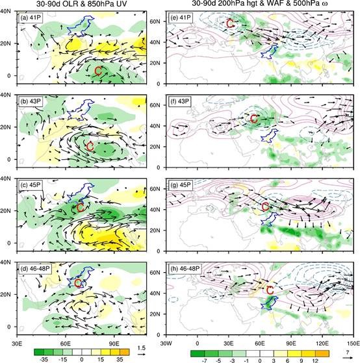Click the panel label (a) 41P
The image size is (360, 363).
tap(30, 18)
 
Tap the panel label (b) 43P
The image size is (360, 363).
tap(30, 101)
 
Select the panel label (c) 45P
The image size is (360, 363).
tap(30, 184)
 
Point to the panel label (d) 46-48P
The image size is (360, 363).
tap(35, 268)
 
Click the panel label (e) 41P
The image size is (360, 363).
tap(180, 18)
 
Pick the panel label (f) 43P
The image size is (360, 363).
tap(180, 101)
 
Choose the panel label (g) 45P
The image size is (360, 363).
tap(180, 184)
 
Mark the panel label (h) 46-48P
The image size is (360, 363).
tap(185, 268)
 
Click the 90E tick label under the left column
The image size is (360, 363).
tap(114, 343)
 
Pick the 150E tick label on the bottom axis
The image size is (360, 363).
tap(354, 344)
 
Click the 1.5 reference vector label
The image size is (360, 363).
tap(141, 348)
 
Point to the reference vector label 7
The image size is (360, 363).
tap(348, 352)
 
